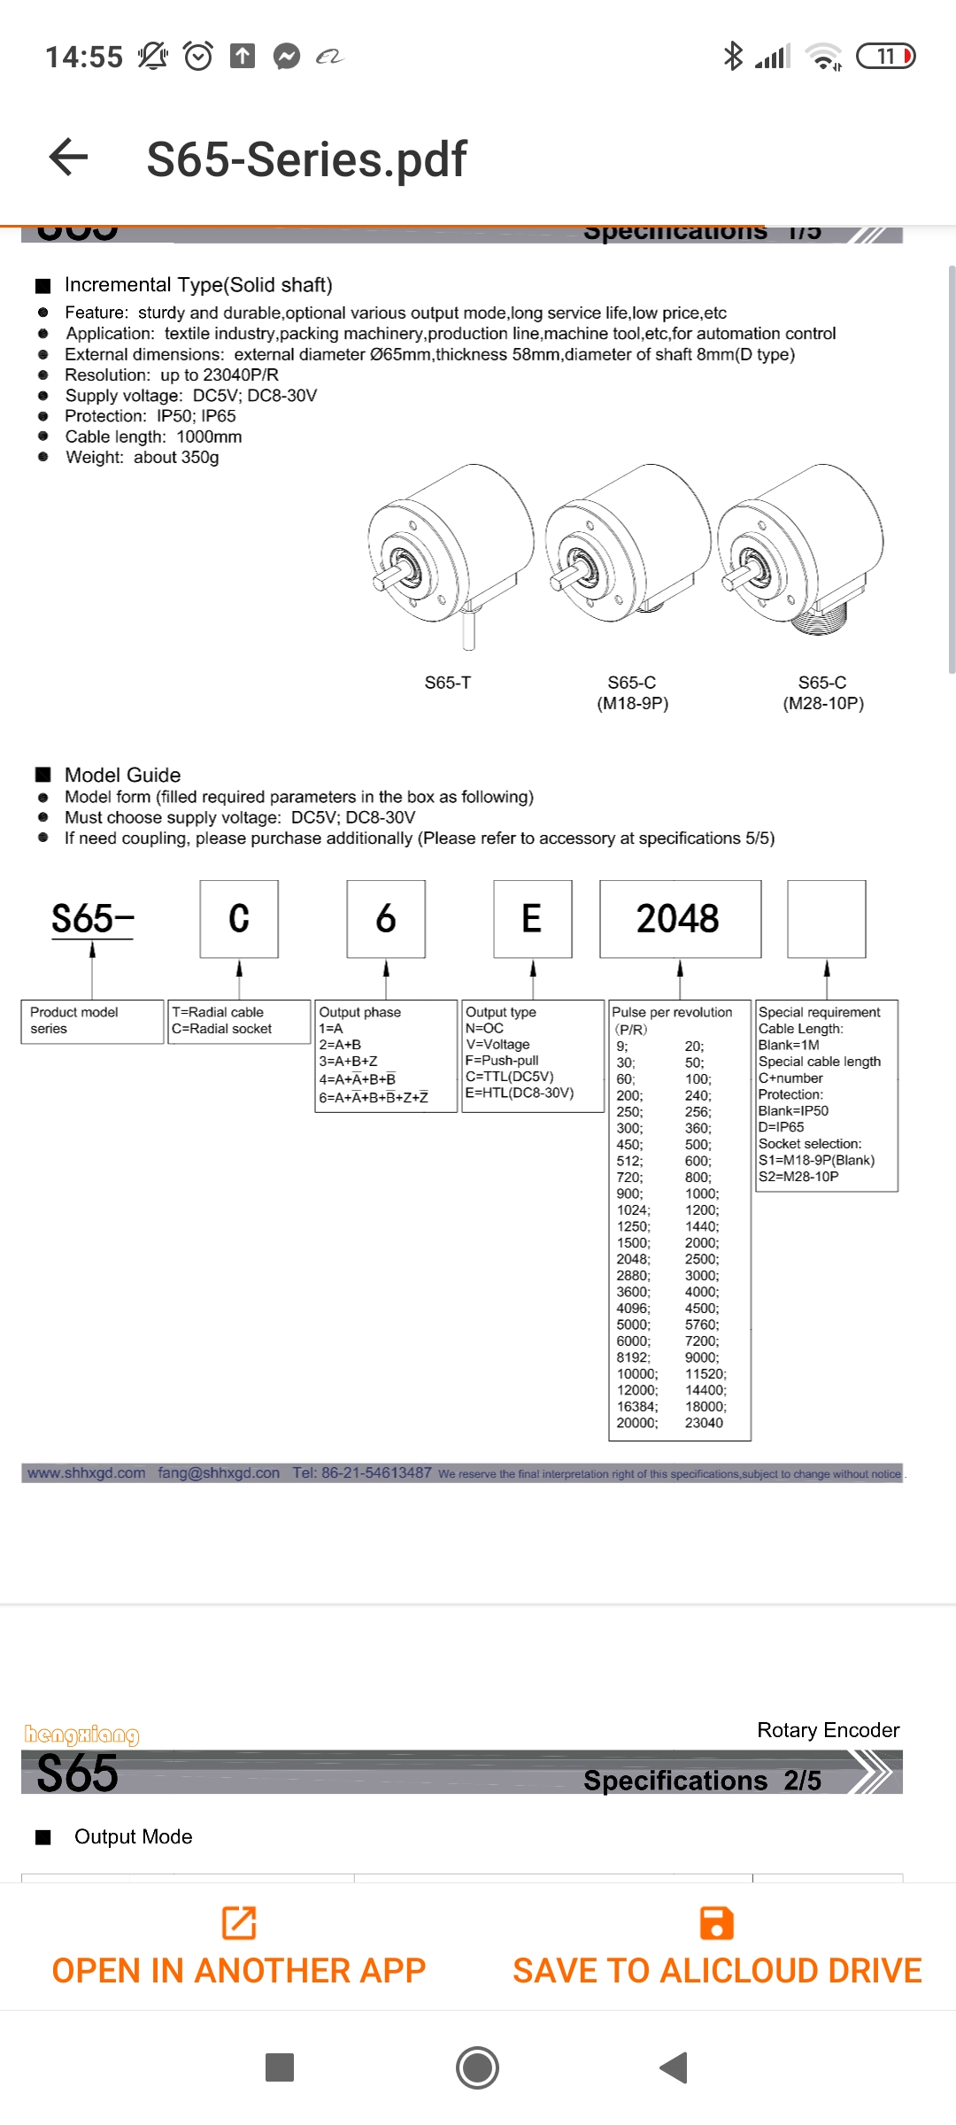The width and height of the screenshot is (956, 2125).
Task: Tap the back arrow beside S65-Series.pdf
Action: click(69, 158)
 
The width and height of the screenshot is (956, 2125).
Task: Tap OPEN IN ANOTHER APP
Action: click(239, 1948)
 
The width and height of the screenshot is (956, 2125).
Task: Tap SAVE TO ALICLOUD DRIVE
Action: click(717, 1948)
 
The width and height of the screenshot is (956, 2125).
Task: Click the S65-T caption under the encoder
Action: click(448, 683)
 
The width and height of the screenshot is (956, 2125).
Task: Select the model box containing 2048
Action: click(680, 919)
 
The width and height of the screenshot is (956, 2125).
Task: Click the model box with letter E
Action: click(532, 919)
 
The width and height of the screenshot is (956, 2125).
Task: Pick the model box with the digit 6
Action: click(386, 919)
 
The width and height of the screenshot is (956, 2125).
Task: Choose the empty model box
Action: click(827, 919)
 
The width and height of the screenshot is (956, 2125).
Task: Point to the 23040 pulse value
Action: click(704, 1423)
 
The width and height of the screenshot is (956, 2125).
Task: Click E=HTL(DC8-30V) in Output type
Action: click(520, 1093)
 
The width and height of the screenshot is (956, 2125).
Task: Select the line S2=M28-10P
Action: click(798, 1177)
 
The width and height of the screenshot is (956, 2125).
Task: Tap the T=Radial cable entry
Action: click(218, 1012)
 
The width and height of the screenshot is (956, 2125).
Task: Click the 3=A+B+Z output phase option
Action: click(348, 1061)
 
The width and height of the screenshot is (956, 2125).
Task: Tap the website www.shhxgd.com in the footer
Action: click(86, 1473)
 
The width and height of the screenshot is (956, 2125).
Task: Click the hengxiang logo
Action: click(81, 1734)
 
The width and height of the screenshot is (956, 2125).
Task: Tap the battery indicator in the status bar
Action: click(886, 57)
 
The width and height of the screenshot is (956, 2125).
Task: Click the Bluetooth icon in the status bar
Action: click(733, 57)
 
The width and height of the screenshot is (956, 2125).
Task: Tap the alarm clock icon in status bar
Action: click(198, 57)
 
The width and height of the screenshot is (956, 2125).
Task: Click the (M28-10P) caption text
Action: click(823, 704)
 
